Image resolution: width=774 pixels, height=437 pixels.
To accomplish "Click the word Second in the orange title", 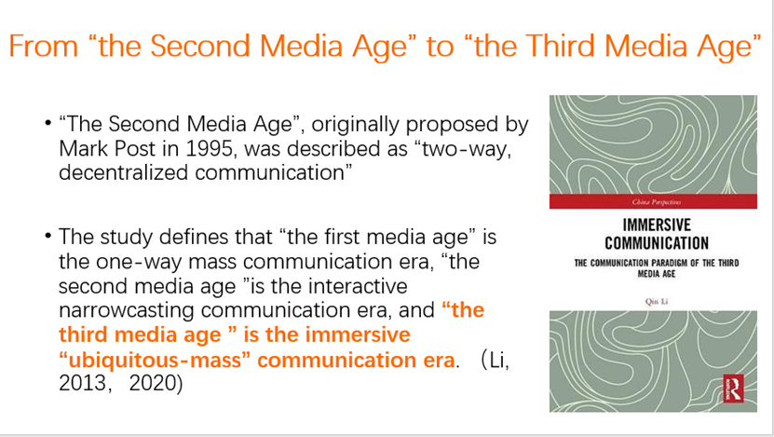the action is coord(200,46).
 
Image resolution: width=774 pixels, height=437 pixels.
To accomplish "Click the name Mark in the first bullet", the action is coord(84,149).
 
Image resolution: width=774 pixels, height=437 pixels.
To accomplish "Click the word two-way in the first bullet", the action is coord(468,149).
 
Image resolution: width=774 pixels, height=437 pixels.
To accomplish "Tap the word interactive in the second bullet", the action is coord(357,286).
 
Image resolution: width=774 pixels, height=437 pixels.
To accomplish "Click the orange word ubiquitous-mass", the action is coord(155,360).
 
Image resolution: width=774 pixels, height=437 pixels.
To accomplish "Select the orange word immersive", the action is coord(358,335).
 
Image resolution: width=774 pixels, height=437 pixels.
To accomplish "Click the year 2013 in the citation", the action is coord(82,383).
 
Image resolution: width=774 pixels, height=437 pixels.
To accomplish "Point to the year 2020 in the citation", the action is coord(152,383).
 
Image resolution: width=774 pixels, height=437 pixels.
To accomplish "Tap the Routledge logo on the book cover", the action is coord(733,389).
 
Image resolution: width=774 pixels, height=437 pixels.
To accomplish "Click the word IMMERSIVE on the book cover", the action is coord(657,225).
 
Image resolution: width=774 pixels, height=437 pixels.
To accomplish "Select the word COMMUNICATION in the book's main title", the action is coord(657,243).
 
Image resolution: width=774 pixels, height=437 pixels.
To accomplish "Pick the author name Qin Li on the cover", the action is coord(657,302).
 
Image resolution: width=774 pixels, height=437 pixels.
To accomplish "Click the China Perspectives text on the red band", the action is coord(657,202).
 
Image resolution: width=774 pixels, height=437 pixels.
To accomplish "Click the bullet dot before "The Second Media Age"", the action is coord(48,123).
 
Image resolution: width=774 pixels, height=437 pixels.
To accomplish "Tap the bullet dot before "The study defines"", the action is coord(48,236).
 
